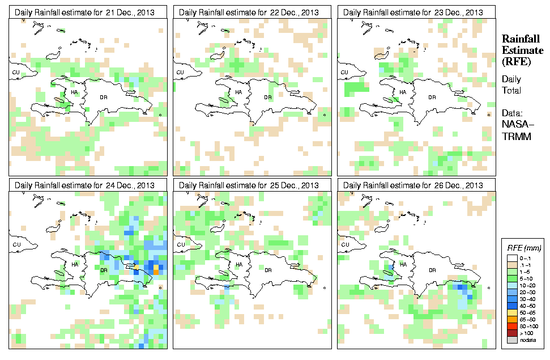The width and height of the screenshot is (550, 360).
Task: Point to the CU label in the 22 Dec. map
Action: point(180,73)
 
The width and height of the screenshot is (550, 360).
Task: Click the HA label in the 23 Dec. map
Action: point(403,92)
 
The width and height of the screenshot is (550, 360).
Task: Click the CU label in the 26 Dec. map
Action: point(344,245)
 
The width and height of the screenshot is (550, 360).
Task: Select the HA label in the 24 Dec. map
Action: point(74,265)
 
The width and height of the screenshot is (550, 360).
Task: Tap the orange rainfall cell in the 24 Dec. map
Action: point(156,272)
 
